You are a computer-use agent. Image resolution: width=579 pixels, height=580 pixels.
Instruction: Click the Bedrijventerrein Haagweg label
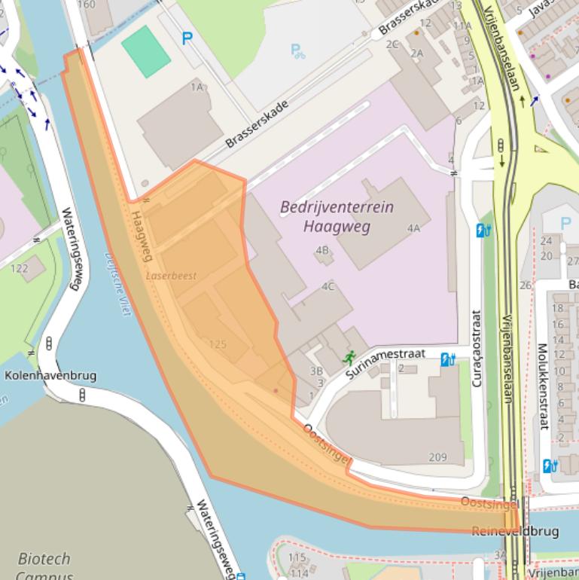[x=337, y=216]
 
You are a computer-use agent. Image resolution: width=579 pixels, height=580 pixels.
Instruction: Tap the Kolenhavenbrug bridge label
[x=50, y=375]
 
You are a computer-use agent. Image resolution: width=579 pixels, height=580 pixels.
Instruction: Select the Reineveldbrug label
[x=515, y=531]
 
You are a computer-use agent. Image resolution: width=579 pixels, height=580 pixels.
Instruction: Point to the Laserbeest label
[x=172, y=276]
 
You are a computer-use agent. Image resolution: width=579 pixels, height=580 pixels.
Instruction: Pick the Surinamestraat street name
[x=385, y=363]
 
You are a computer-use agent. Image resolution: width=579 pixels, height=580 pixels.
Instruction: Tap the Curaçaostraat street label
[x=476, y=348]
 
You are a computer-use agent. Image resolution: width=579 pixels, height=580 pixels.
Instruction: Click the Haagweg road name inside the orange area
[x=142, y=236]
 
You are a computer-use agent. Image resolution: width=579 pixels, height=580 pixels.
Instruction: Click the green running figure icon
[x=348, y=358]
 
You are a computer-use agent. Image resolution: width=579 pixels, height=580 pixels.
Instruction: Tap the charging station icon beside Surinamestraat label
[x=448, y=359]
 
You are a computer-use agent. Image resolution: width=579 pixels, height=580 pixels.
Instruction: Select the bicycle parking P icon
[x=298, y=51]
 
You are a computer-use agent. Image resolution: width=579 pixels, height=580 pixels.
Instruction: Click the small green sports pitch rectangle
[x=146, y=51]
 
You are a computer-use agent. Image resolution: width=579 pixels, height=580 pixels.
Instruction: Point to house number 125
[x=218, y=344]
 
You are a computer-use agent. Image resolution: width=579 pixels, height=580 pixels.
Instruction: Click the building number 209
[x=437, y=456]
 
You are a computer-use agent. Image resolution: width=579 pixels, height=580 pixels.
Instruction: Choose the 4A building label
[x=413, y=228]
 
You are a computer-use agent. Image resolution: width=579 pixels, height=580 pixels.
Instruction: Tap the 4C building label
[x=328, y=286]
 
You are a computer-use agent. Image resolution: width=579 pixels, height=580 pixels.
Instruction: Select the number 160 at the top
[x=87, y=5]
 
